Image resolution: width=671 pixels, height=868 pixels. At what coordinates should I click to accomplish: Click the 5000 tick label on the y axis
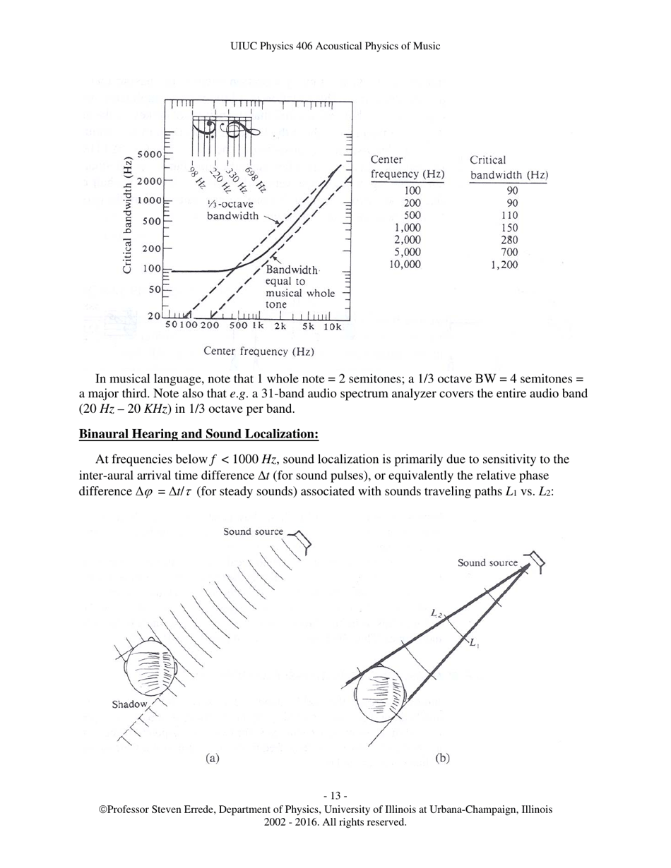(149, 154)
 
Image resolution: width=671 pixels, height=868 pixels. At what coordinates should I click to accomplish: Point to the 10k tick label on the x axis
(333, 327)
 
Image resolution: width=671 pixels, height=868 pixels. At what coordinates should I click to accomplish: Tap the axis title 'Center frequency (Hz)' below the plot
(259, 351)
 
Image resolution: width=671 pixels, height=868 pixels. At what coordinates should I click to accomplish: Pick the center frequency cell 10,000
(405, 265)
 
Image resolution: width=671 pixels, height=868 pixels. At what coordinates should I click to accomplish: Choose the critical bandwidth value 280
(507, 240)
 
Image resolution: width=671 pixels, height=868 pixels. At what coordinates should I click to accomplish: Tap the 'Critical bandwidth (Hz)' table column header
(509, 167)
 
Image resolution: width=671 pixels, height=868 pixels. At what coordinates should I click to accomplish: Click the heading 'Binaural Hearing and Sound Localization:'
(198, 433)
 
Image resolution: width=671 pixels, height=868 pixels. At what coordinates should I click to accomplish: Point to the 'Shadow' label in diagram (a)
(129, 704)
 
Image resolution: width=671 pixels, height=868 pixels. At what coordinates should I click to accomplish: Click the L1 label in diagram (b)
(475, 644)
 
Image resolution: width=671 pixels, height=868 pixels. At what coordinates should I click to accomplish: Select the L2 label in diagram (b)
(437, 613)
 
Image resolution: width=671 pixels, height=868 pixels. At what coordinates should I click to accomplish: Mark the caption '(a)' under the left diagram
(213, 759)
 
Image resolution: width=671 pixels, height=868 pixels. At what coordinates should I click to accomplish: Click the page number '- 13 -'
(335, 796)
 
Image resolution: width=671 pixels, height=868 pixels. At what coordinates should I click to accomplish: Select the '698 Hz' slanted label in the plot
(256, 179)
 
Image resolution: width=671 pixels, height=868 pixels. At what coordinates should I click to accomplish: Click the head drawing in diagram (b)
(380, 698)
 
